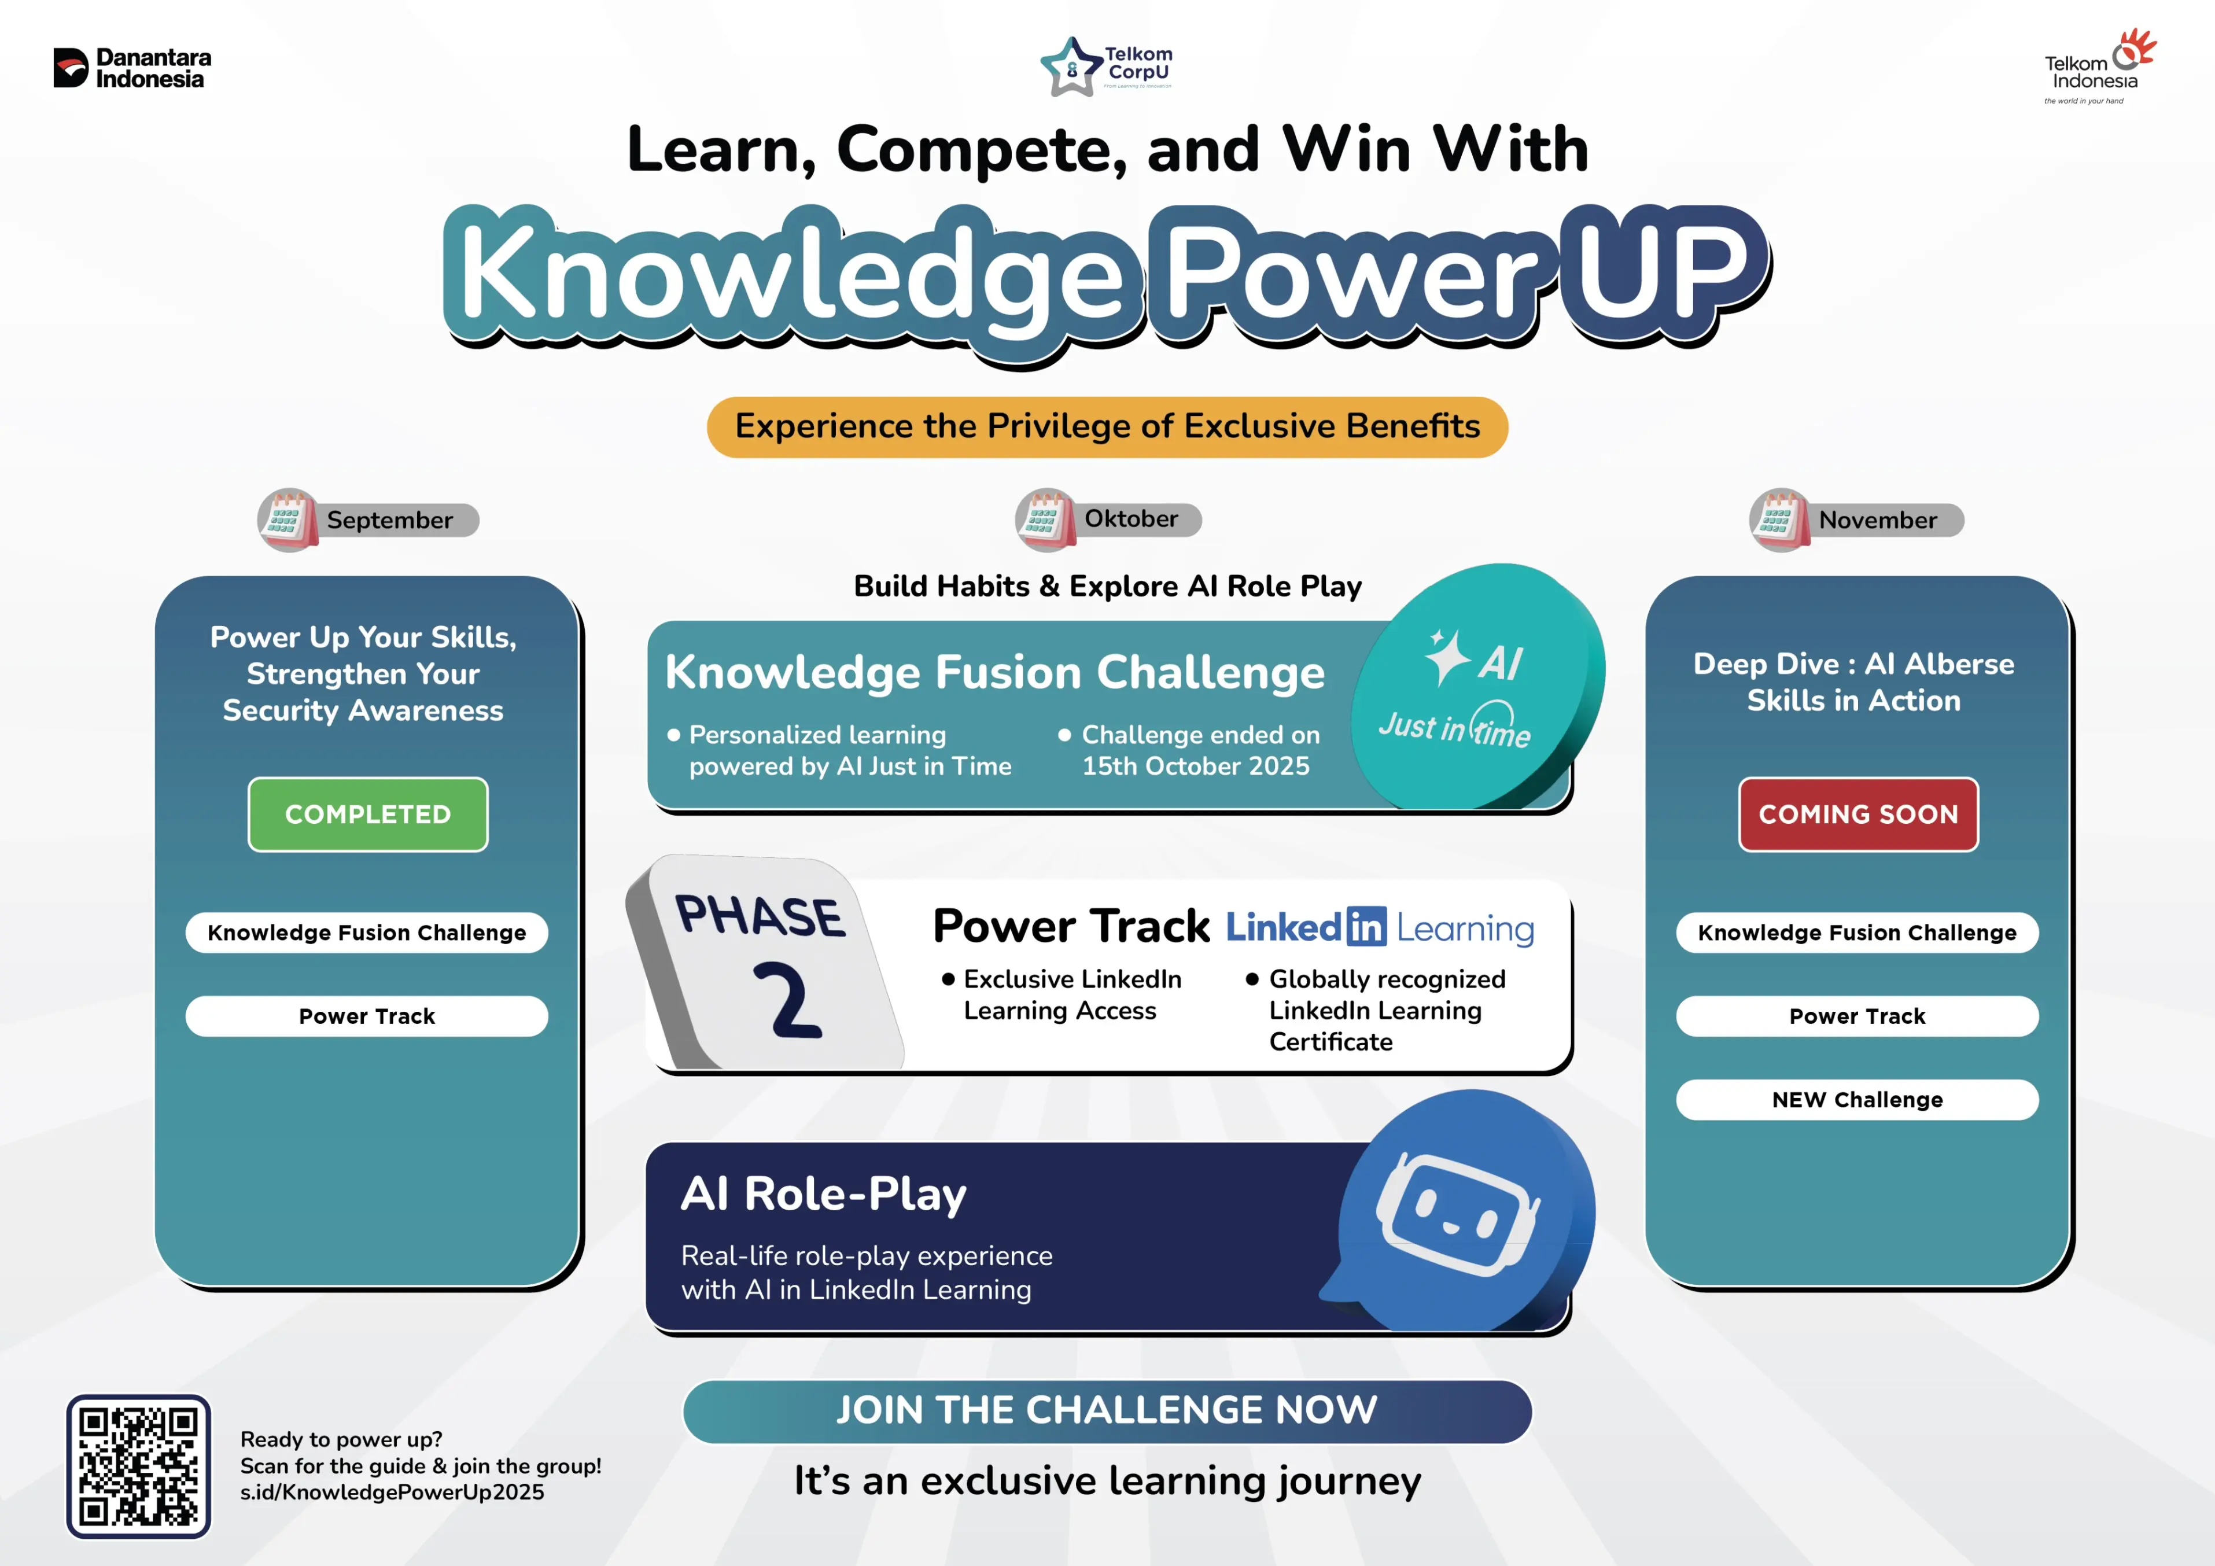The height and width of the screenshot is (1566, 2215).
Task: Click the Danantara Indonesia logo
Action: pos(132,68)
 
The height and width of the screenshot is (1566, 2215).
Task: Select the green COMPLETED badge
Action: pos(367,815)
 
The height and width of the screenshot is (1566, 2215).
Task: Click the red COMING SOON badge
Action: pos(1858,815)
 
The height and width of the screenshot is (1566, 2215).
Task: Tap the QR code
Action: pos(139,1466)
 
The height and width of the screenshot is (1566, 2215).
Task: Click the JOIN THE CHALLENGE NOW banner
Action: pos(1107,1410)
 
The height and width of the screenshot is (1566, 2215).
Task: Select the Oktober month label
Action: pos(1131,519)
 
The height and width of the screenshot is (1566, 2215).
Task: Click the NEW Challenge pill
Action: pos(1857,1100)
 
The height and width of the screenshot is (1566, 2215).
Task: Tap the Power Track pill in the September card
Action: pos(367,1016)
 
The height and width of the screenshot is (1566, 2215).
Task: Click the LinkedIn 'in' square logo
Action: pos(1366,927)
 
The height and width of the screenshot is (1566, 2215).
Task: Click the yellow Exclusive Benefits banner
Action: pos(1107,426)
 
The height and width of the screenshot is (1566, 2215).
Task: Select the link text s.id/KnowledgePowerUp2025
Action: pos(392,1492)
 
